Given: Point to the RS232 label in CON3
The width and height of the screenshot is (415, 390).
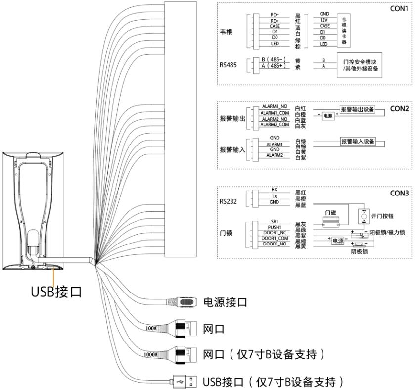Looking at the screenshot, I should pos(229,201).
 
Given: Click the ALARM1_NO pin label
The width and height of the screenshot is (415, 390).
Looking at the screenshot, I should pos(274,107).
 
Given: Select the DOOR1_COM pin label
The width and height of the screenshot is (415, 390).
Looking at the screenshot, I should pos(274,238).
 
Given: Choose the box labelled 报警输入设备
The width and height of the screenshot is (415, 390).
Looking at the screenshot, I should pos(357,142).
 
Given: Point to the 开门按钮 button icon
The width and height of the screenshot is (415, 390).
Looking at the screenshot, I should pos(364,216).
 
